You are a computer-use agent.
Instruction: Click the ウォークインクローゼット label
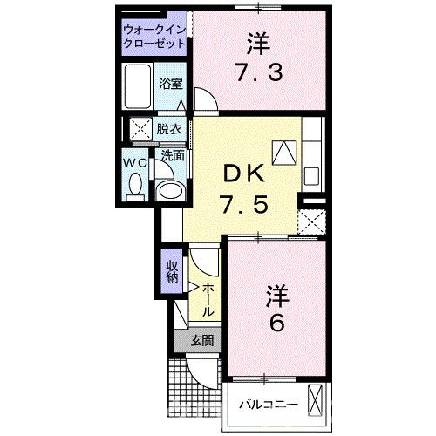point(153,34)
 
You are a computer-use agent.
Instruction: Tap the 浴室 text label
point(170,84)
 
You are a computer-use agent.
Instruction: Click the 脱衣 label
point(169,129)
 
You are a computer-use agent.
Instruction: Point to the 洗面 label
point(171,156)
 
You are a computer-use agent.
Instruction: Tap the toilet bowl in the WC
point(135,182)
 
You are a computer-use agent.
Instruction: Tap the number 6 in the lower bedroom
point(276,324)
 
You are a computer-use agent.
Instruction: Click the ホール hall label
point(209,299)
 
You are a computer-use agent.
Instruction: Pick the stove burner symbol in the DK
point(283,153)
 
